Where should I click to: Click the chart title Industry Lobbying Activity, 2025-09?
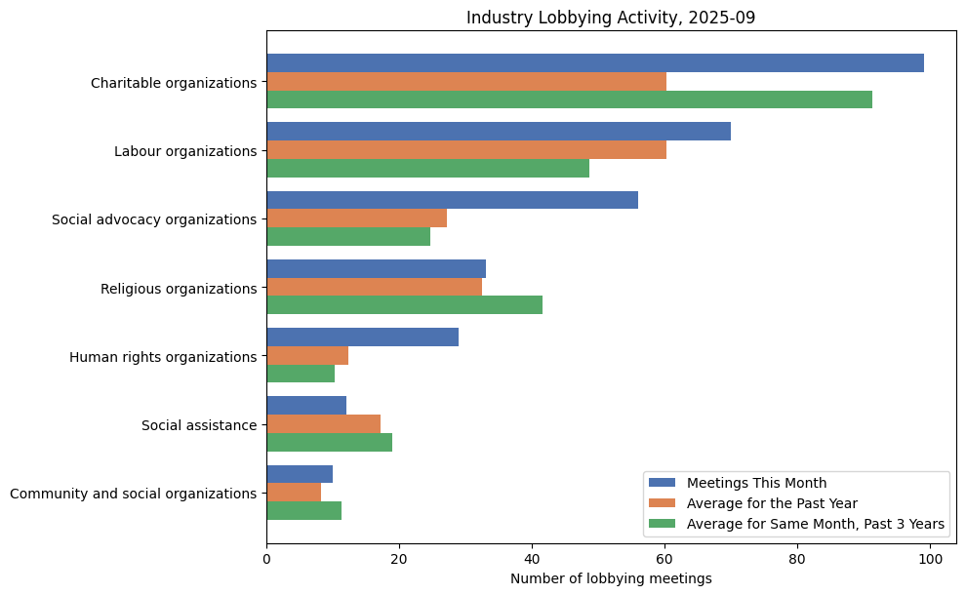pos(611,18)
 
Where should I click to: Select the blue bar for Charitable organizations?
pos(594,63)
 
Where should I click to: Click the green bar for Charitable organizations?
pos(569,99)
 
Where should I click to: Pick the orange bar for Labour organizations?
pos(465,150)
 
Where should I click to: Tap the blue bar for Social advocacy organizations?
pos(452,200)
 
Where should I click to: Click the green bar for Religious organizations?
pos(404,305)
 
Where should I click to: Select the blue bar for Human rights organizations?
pos(362,337)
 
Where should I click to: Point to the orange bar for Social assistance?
pos(323,424)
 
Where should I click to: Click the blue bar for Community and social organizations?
pos(300,474)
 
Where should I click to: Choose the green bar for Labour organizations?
pos(427,169)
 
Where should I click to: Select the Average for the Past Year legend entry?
pos(772,503)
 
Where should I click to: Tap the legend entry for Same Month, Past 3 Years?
pos(815,525)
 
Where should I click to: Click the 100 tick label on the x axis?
pos(930,560)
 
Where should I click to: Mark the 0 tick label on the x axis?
pos(266,560)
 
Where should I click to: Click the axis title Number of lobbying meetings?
pos(611,578)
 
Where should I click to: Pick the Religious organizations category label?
pos(179,289)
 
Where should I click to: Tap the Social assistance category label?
pos(199,425)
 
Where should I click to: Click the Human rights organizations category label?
pos(163,357)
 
